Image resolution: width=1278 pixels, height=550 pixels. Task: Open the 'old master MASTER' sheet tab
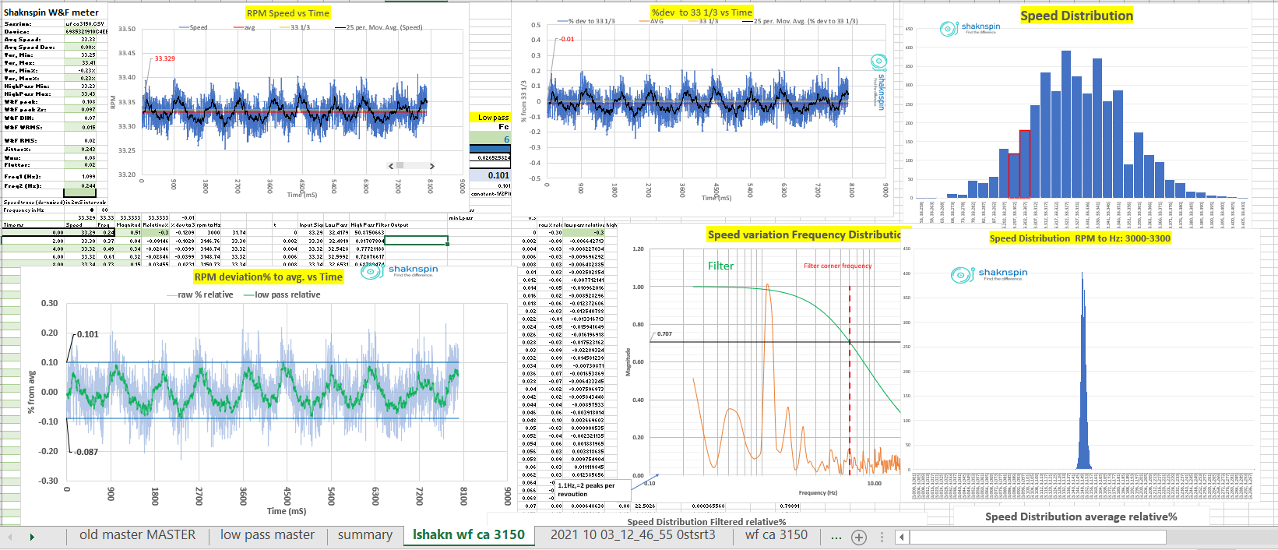(137, 535)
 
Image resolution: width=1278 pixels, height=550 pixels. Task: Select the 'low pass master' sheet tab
(267, 535)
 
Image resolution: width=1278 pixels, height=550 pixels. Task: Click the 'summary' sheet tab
(364, 535)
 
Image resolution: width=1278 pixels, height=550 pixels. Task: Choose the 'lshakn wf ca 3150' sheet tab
(468, 535)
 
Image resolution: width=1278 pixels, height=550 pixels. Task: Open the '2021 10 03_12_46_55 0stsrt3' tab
(632, 535)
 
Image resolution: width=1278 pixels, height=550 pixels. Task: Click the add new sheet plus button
(859, 537)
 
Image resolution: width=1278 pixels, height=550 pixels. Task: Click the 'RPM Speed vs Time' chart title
(287, 13)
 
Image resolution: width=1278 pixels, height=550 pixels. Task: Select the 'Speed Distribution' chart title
(1076, 16)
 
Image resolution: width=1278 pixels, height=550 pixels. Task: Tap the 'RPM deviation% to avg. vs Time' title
(268, 277)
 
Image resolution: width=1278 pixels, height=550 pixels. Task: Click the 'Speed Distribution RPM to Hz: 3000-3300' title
(1079, 238)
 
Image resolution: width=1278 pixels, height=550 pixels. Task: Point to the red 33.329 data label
(164, 58)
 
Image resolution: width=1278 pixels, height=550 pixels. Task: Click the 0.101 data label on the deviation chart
(88, 335)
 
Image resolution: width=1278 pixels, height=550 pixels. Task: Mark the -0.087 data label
(86, 452)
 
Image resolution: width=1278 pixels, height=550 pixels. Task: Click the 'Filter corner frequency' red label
(837, 266)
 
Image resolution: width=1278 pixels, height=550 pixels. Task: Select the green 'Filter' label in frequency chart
(720, 266)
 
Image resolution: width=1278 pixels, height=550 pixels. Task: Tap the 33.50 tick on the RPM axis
(126, 29)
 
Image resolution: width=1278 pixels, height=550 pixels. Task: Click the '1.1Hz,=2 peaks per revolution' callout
(586, 490)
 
